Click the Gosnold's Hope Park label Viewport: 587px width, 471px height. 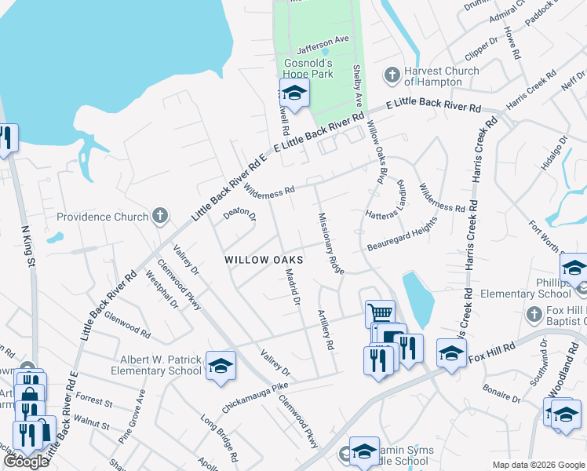point(308,68)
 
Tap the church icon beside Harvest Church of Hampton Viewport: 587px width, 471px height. point(392,75)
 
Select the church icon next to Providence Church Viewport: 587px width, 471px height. point(160,216)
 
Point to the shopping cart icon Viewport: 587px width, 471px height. point(380,312)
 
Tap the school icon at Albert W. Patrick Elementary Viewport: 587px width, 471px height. point(221,365)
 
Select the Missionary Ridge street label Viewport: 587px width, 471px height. point(331,243)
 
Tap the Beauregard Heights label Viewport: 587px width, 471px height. point(402,235)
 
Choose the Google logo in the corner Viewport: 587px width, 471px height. point(26,462)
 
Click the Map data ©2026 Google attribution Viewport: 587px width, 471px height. point(538,465)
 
